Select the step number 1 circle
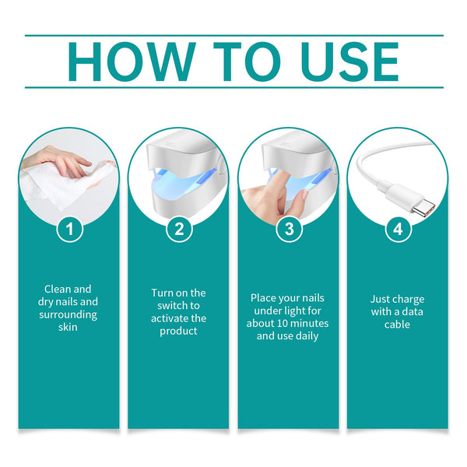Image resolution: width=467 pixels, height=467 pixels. coord(69,229)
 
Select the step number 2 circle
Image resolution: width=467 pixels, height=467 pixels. coord(179,229)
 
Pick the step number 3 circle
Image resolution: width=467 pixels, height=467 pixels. coord(289,229)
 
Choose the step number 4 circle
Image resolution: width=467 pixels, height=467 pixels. coord(398,229)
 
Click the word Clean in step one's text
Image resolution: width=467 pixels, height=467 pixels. coord(57,290)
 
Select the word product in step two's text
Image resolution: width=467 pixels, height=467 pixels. coord(178,331)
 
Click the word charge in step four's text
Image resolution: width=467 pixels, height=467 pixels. coord(409,299)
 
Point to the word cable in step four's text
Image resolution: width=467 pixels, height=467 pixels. coord(397,324)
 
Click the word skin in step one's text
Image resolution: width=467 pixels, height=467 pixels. coord(68,328)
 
